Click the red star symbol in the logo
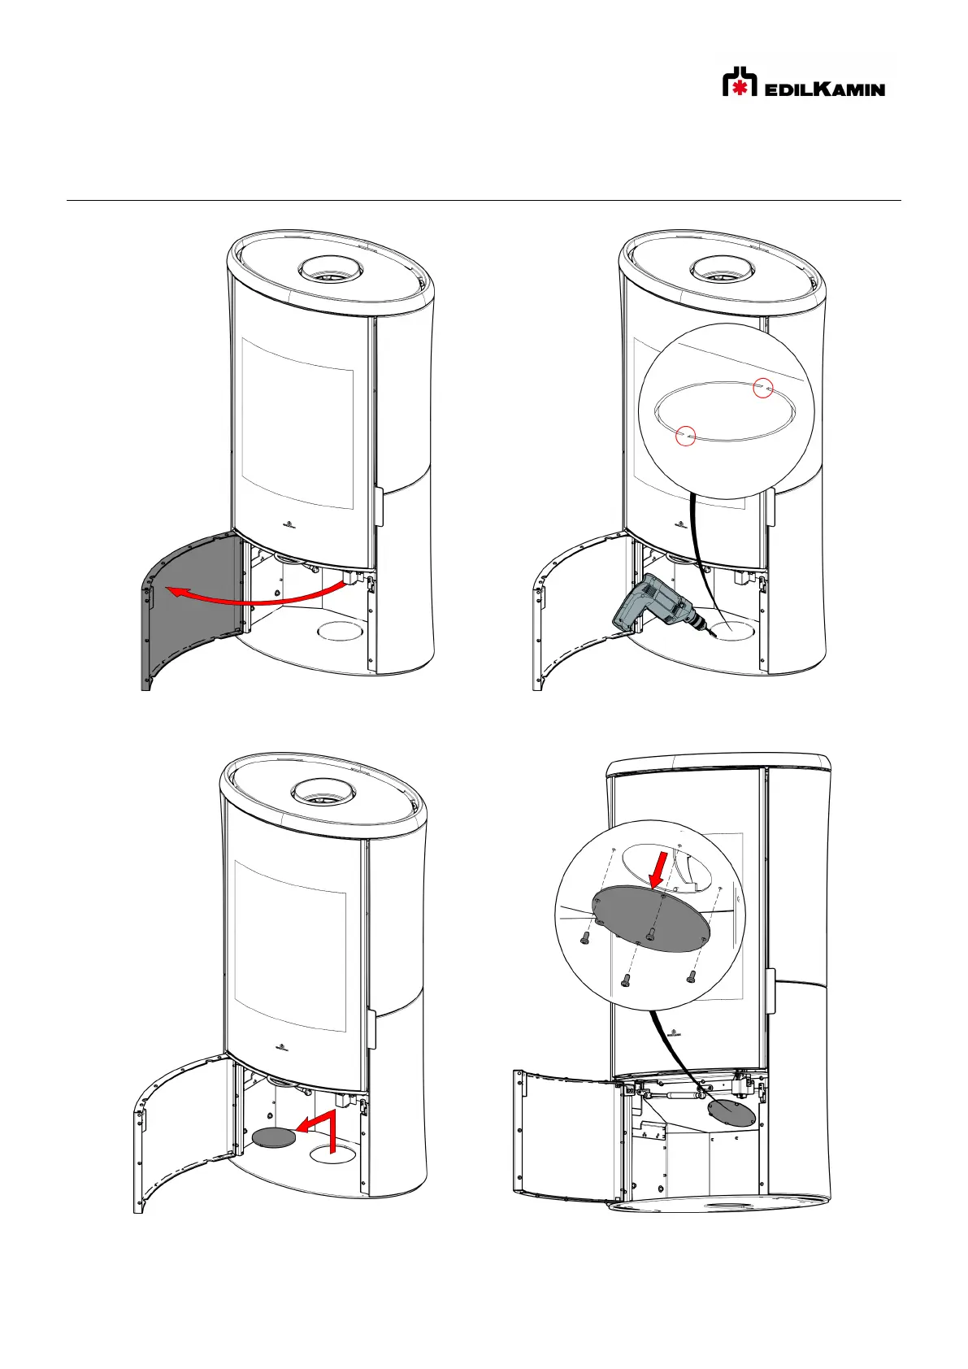point(740,87)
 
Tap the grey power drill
point(659,607)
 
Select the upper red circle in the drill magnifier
point(762,388)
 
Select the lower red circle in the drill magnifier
point(686,435)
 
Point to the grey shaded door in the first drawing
point(189,611)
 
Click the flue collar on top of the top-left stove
point(331,270)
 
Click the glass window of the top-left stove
point(297,424)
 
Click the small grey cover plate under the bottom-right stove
point(731,1114)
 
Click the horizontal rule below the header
point(484,200)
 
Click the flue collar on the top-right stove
point(723,270)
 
